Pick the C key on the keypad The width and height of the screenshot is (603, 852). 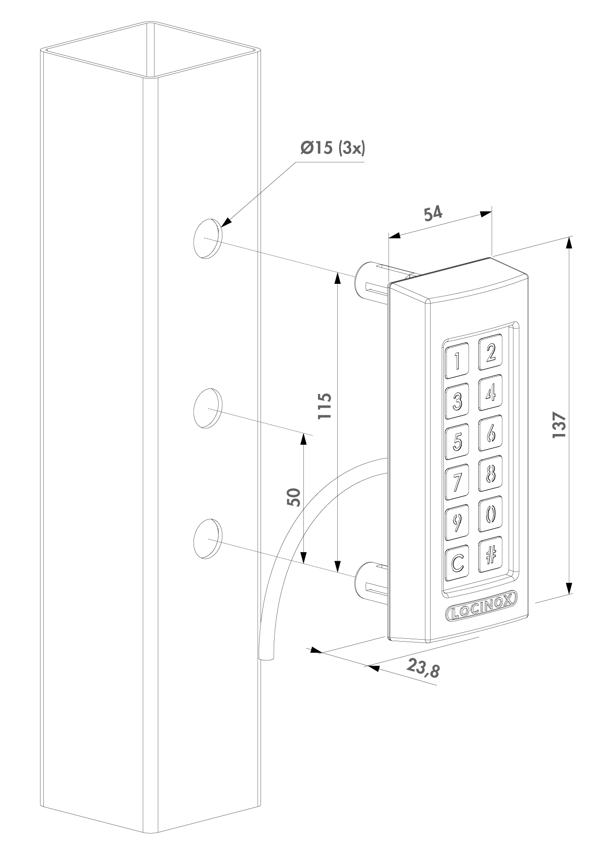[457, 562]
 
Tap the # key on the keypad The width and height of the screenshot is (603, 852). [490, 555]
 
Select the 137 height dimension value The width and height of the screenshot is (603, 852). [559, 425]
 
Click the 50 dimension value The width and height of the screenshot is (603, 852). [293, 497]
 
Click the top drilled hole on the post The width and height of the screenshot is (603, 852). [207, 239]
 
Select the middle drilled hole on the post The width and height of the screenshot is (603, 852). [207, 408]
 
